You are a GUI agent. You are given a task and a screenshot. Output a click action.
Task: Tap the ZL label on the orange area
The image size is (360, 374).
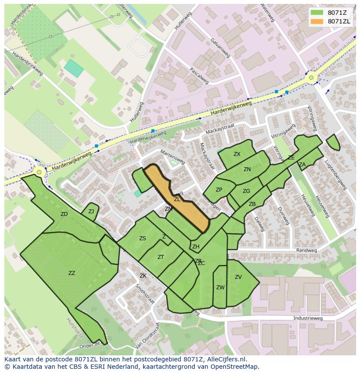pyautogui.click(x=177, y=199)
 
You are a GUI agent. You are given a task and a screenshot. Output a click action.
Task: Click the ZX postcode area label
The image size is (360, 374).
pyautogui.click(x=237, y=154)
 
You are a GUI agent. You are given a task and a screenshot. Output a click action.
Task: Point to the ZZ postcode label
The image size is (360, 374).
pyautogui.click(x=72, y=273)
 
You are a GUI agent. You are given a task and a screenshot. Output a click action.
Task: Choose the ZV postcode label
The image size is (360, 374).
pyautogui.click(x=238, y=277)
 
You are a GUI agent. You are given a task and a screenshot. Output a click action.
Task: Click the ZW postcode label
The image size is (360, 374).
pyautogui.click(x=220, y=288)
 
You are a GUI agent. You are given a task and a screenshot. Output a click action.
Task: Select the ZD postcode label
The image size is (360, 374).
pyautogui.click(x=64, y=214)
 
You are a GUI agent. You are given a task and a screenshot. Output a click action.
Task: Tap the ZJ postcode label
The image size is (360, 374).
pyautogui.click(x=91, y=212)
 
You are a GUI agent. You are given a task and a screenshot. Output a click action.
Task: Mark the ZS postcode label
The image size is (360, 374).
pyautogui.click(x=143, y=238)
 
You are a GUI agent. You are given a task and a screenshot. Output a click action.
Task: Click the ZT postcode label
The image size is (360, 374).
pyautogui.click(x=161, y=257)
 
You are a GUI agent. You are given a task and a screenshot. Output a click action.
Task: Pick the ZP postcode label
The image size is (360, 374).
pyautogui.click(x=219, y=190)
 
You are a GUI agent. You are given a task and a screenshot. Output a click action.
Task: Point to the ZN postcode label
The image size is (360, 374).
pyautogui.click(x=247, y=169)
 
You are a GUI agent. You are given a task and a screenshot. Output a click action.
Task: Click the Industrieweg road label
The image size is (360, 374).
pyautogui.click(x=308, y=318)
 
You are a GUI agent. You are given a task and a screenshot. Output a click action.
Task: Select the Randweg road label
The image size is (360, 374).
pyautogui.click(x=304, y=251)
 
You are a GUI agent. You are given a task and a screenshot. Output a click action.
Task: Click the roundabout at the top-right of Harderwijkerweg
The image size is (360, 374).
pyautogui.click(x=311, y=79)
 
